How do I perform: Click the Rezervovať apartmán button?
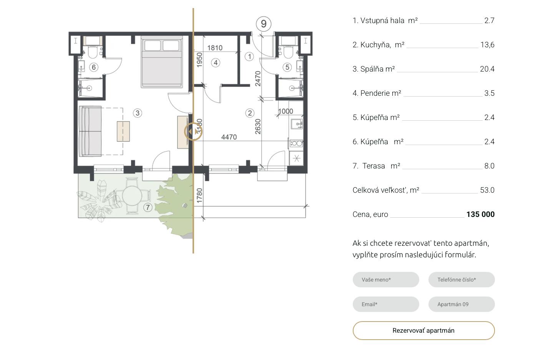click(423, 330)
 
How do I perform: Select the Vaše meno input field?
click(386, 280)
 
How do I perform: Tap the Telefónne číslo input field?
click(462, 280)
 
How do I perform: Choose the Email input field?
click(386, 304)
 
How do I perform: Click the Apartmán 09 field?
click(462, 304)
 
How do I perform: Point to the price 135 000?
click(480, 214)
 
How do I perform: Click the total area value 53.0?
click(487, 190)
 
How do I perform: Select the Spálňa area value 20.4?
click(487, 69)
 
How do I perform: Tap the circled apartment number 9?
click(264, 24)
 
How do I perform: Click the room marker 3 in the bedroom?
click(138, 113)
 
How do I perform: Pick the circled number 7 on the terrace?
click(148, 207)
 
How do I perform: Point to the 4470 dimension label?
click(229, 137)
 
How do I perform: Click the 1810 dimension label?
click(215, 48)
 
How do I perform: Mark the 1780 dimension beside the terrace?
click(199, 195)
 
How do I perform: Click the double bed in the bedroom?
click(162, 62)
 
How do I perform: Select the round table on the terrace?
click(132, 195)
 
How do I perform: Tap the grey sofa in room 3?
click(90, 131)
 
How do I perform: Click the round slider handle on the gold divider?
click(193, 132)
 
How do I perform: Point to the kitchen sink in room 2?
click(297, 124)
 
